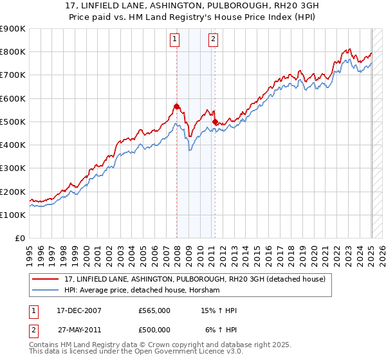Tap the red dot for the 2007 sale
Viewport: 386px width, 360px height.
(x=176, y=106)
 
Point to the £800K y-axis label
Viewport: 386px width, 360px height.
(x=13, y=52)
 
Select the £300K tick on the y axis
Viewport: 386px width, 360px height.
(x=13, y=168)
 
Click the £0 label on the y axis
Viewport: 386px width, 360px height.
(x=19, y=239)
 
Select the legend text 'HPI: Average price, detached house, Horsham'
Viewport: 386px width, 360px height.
(x=142, y=291)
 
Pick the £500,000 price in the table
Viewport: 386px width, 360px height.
(x=154, y=330)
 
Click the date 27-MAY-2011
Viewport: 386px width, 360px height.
(x=79, y=330)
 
